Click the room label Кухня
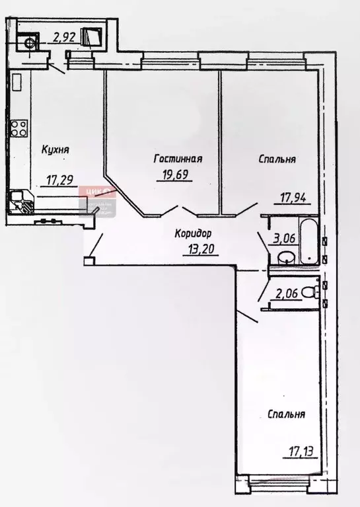coord(55,151)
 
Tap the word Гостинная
coord(178,159)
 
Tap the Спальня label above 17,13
coord(286,414)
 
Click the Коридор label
coord(194,233)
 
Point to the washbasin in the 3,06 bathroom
coord(285,258)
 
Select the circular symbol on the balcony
coord(29,44)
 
